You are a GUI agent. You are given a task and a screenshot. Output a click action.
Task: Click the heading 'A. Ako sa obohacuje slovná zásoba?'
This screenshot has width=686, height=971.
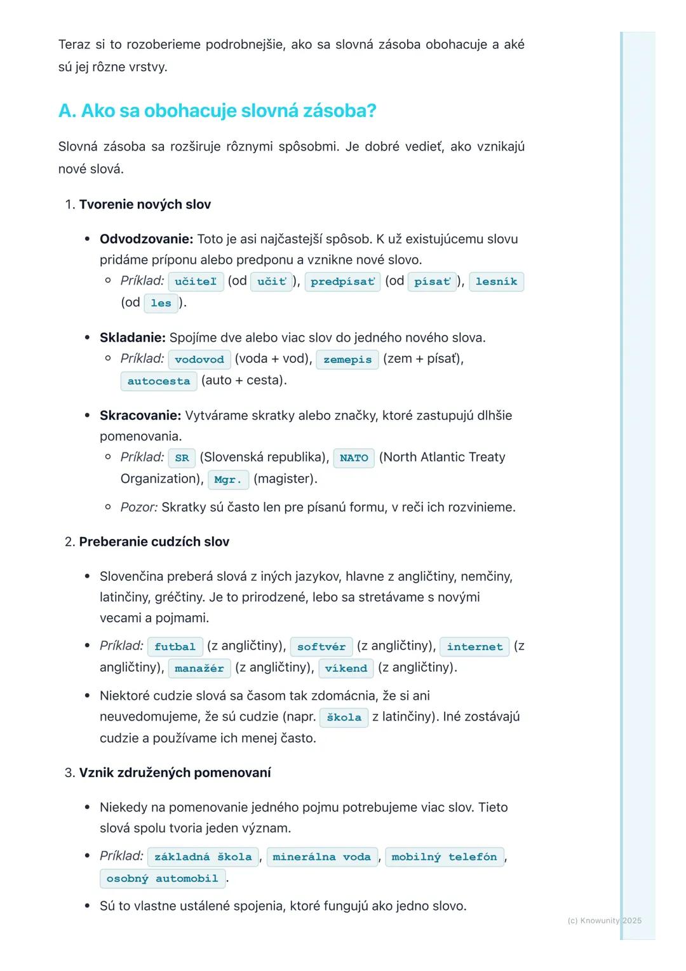tap(217, 111)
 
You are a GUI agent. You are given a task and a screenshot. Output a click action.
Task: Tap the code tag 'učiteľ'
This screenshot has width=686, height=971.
tap(196, 282)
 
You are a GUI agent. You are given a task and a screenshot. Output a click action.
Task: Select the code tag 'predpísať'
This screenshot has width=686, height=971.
tap(342, 282)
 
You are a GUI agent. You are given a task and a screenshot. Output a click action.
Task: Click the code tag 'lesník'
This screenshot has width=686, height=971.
tap(496, 282)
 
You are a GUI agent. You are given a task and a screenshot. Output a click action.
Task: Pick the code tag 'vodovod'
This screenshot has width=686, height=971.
tap(199, 360)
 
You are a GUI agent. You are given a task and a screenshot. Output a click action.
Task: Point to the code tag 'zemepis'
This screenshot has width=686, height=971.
tap(347, 360)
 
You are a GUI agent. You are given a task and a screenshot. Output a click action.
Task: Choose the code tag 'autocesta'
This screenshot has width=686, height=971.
tap(159, 381)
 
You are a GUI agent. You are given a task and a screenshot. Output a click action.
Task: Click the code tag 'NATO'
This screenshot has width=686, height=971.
tap(354, 458)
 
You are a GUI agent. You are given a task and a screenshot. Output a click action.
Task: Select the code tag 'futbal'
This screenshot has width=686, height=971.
tap(175, 647)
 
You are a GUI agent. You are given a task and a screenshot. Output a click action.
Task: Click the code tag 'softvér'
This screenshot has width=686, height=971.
tap(321, 647)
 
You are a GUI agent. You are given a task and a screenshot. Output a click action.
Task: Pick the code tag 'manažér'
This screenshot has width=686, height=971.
tap(199, 669)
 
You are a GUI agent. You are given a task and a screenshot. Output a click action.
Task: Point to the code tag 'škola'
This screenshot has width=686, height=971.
tap(344, 717)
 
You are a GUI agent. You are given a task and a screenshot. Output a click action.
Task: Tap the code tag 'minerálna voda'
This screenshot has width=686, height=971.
tap(321, 857)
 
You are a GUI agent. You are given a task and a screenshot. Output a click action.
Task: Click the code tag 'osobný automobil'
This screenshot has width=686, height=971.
tap(162, 879)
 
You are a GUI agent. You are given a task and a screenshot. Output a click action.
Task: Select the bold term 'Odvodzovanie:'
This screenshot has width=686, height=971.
tap(146, 240)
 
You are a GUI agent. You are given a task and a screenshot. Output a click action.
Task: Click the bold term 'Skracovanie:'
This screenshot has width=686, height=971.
tap(140, 416)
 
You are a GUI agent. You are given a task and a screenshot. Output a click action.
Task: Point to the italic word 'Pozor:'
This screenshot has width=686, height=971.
tap(139, 507)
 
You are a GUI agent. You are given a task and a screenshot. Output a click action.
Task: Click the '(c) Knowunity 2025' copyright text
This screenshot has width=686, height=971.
tap(604, 920)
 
